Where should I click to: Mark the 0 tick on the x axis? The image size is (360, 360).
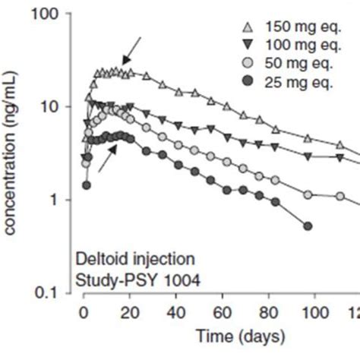(x=84, y=313)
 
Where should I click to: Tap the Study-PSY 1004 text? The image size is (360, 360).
(x=137, y=279)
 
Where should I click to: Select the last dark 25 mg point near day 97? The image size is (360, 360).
(x=307, y=226)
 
